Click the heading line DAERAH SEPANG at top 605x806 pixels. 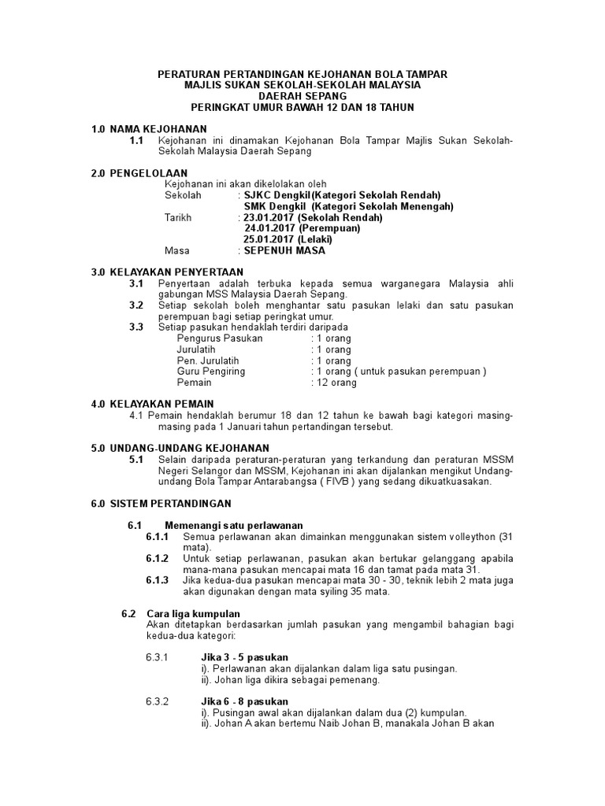[302, 95]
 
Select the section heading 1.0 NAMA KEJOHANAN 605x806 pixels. [149, 128]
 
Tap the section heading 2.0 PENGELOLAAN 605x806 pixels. [139, 172]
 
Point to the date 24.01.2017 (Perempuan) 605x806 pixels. [302, 228]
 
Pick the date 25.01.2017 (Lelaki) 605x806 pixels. [288, 239]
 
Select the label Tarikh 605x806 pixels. [178, 217]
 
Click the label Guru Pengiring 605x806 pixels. [212, 372]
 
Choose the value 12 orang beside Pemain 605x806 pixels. [336, 383]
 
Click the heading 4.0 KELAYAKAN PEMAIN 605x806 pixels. [153, 404]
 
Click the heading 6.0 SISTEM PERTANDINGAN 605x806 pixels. [161, 503]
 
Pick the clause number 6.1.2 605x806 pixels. [158, 558]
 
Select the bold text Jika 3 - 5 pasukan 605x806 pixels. [245, 657]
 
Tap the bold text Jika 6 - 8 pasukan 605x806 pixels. [245, 701]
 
